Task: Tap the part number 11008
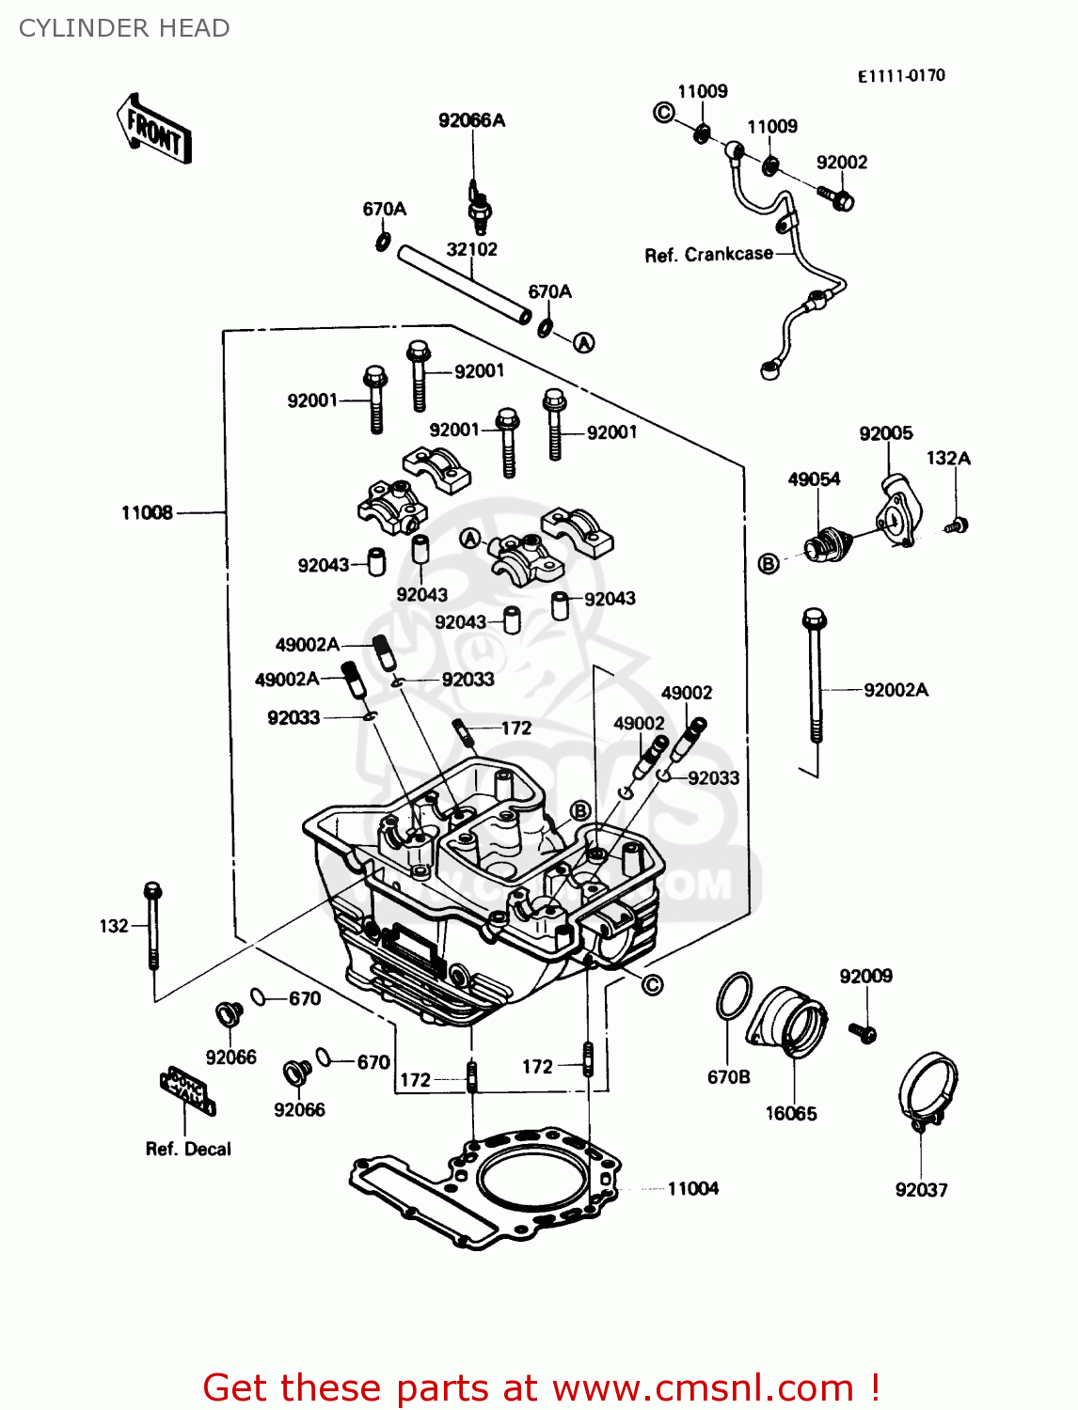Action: pos(147,512)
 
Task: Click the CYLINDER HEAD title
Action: pos(124,28)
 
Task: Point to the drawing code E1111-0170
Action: pos(900,76)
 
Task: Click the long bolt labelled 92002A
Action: pos(815,677)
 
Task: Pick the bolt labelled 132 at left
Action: pos(152,926)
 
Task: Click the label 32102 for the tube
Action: pos(471,249)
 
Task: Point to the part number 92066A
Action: pos(471,120)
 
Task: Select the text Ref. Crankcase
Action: pos(708,255)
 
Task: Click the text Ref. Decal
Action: pos(188,1149)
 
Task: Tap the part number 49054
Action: pos(814,479)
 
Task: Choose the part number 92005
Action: pos(885,433)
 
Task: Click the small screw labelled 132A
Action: pos(958,525)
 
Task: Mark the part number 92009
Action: pos(865,976)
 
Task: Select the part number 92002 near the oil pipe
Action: pos(841,163)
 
